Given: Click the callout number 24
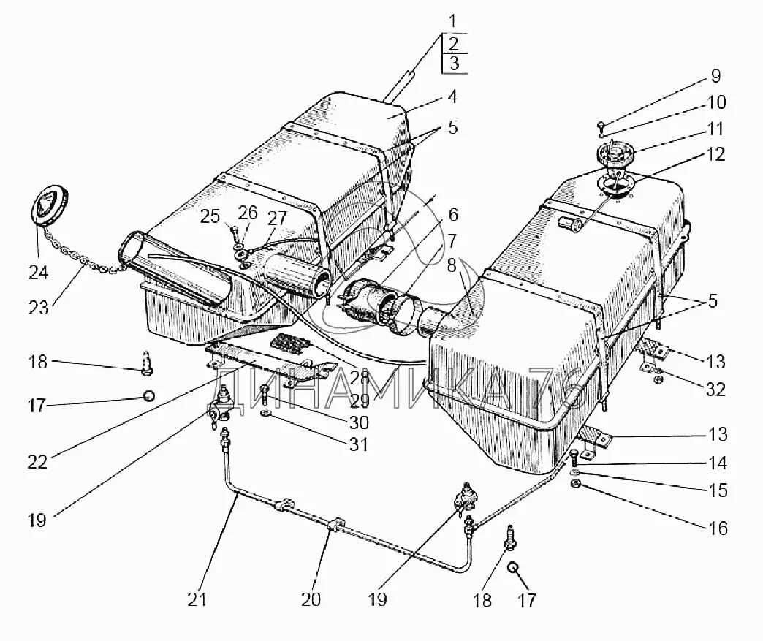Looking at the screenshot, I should click(38, 273).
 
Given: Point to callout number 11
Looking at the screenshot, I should click(715, 129).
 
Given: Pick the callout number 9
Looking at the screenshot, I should click(715, 77).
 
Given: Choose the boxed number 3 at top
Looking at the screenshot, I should click(455, 64).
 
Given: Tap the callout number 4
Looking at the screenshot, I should click(453, 96).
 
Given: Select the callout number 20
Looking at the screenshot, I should click(311, 599).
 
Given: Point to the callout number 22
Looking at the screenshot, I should click(37, 462).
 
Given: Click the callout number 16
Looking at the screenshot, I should click(718, 528).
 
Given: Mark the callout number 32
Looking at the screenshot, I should click(715, 390).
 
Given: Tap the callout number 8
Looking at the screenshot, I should click(453, 265).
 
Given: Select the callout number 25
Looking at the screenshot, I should click(210, 216).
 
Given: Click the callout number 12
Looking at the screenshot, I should click(715, 154).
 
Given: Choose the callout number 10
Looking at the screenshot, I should click(715, 102).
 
